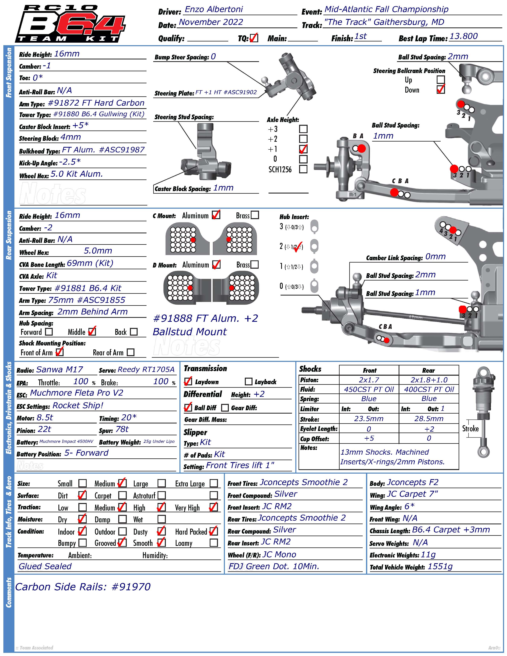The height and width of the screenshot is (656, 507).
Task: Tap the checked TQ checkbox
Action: (254, 38)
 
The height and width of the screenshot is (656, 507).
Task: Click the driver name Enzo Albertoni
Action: (214, 9)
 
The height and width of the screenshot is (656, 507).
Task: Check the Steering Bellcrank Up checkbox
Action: (441, 80)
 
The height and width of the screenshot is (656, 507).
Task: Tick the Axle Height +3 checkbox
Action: (303, 129)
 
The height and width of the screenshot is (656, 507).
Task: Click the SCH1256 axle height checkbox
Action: (303, 169)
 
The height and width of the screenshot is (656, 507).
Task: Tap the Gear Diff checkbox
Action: (225, 408)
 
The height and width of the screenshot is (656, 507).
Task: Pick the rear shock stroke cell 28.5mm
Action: (429, 419)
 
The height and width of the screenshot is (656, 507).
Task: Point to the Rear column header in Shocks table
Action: (429, 370)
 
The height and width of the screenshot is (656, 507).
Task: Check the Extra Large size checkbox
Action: (214, 483)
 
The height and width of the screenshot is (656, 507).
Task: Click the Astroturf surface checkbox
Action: (161, 495)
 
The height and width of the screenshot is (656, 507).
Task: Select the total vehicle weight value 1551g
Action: (440, 567)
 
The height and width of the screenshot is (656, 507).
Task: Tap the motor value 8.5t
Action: (45, 418)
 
